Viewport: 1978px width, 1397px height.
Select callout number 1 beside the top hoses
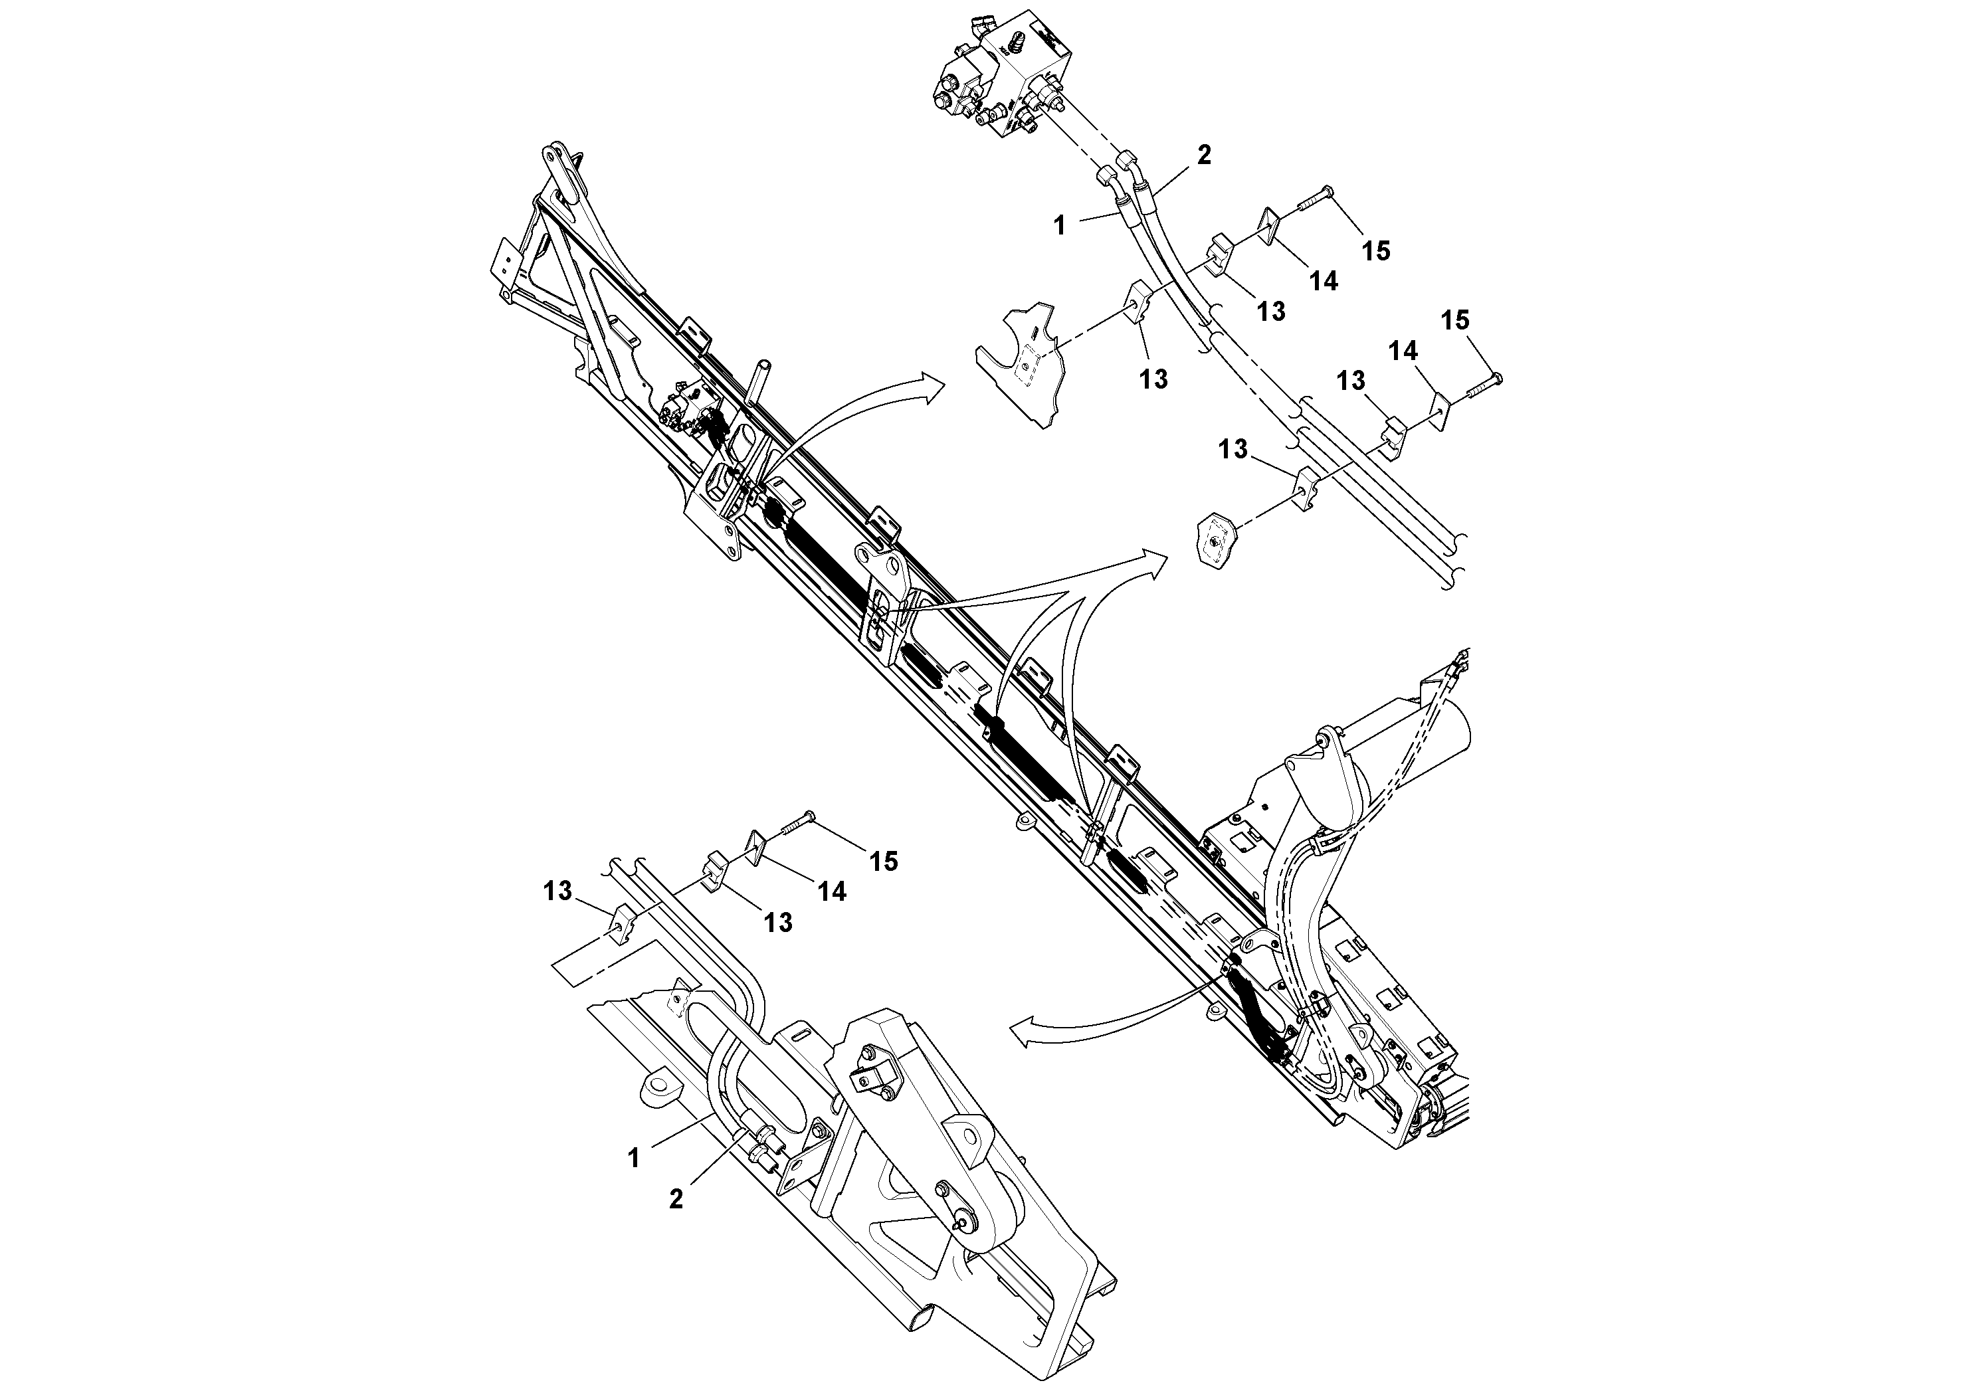point(1060,226)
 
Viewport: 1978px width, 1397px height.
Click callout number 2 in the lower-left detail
point(676,1199)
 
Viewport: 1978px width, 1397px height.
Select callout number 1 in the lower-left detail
point(634,1159)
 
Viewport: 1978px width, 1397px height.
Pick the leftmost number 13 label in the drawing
point(557,891)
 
